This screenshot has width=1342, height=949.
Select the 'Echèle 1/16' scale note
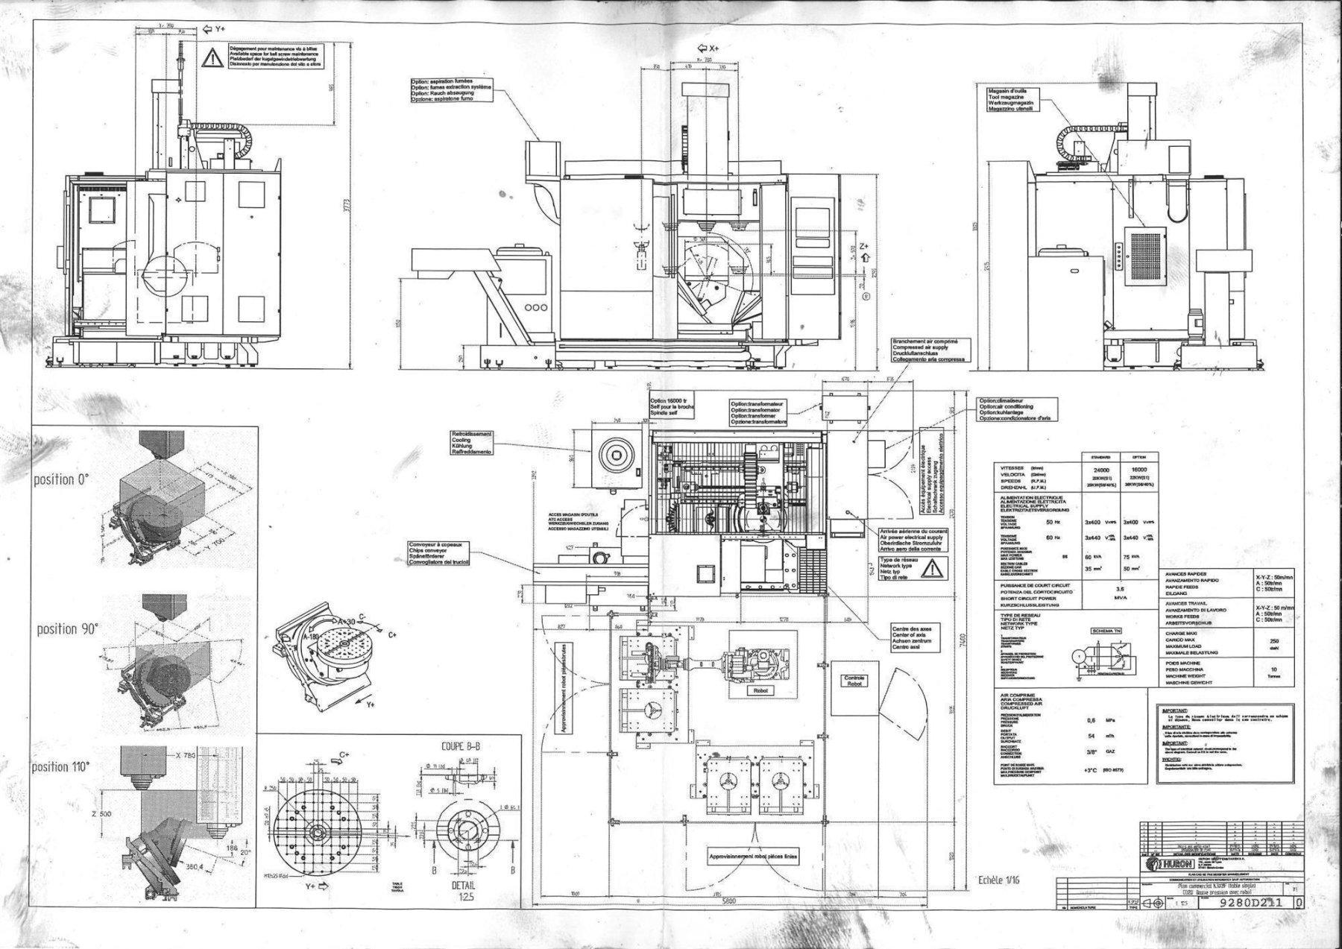tap(998, 880)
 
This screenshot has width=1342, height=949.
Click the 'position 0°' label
tap(62, 479)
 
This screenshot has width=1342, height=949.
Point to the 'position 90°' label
tap(68, 629)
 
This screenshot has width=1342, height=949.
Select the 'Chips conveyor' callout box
tap(438, 554)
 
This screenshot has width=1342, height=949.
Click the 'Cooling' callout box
tap(471, 443)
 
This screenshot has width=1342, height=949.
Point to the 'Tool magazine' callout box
tap(1011, 100)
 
